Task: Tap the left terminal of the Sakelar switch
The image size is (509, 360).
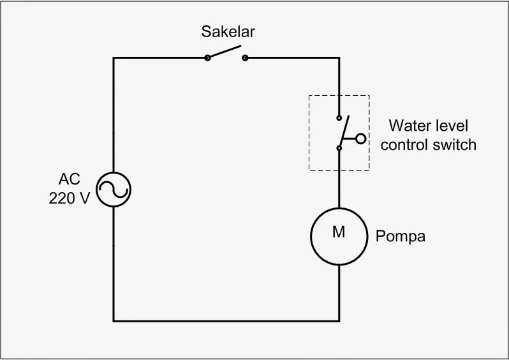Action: tap(207, 58)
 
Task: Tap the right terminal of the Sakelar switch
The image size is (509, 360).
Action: tap(245, 58)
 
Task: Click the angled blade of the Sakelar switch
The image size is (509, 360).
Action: tap(225, 52)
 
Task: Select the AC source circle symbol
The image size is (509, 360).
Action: tap(114, 190)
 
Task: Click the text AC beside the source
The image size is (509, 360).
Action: tap(70, 179)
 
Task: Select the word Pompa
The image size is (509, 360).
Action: tap(400, 236)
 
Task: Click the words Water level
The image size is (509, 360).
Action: tap(428, 126)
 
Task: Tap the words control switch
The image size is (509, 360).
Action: tap(428, 145)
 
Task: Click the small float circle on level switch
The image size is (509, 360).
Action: tap(361, 138)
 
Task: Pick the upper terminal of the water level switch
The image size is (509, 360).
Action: tap(339, 118)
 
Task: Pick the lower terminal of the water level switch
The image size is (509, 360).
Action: tap(339, 148)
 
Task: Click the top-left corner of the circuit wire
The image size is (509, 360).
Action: tap(114, 58)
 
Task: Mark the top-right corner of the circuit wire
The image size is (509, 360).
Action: tap(339, 58)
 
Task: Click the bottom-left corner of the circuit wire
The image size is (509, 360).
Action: tap(114, 320)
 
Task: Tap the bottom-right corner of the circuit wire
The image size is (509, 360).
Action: tap(339, 320)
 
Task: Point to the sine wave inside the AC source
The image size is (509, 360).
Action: tap(114, 190)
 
